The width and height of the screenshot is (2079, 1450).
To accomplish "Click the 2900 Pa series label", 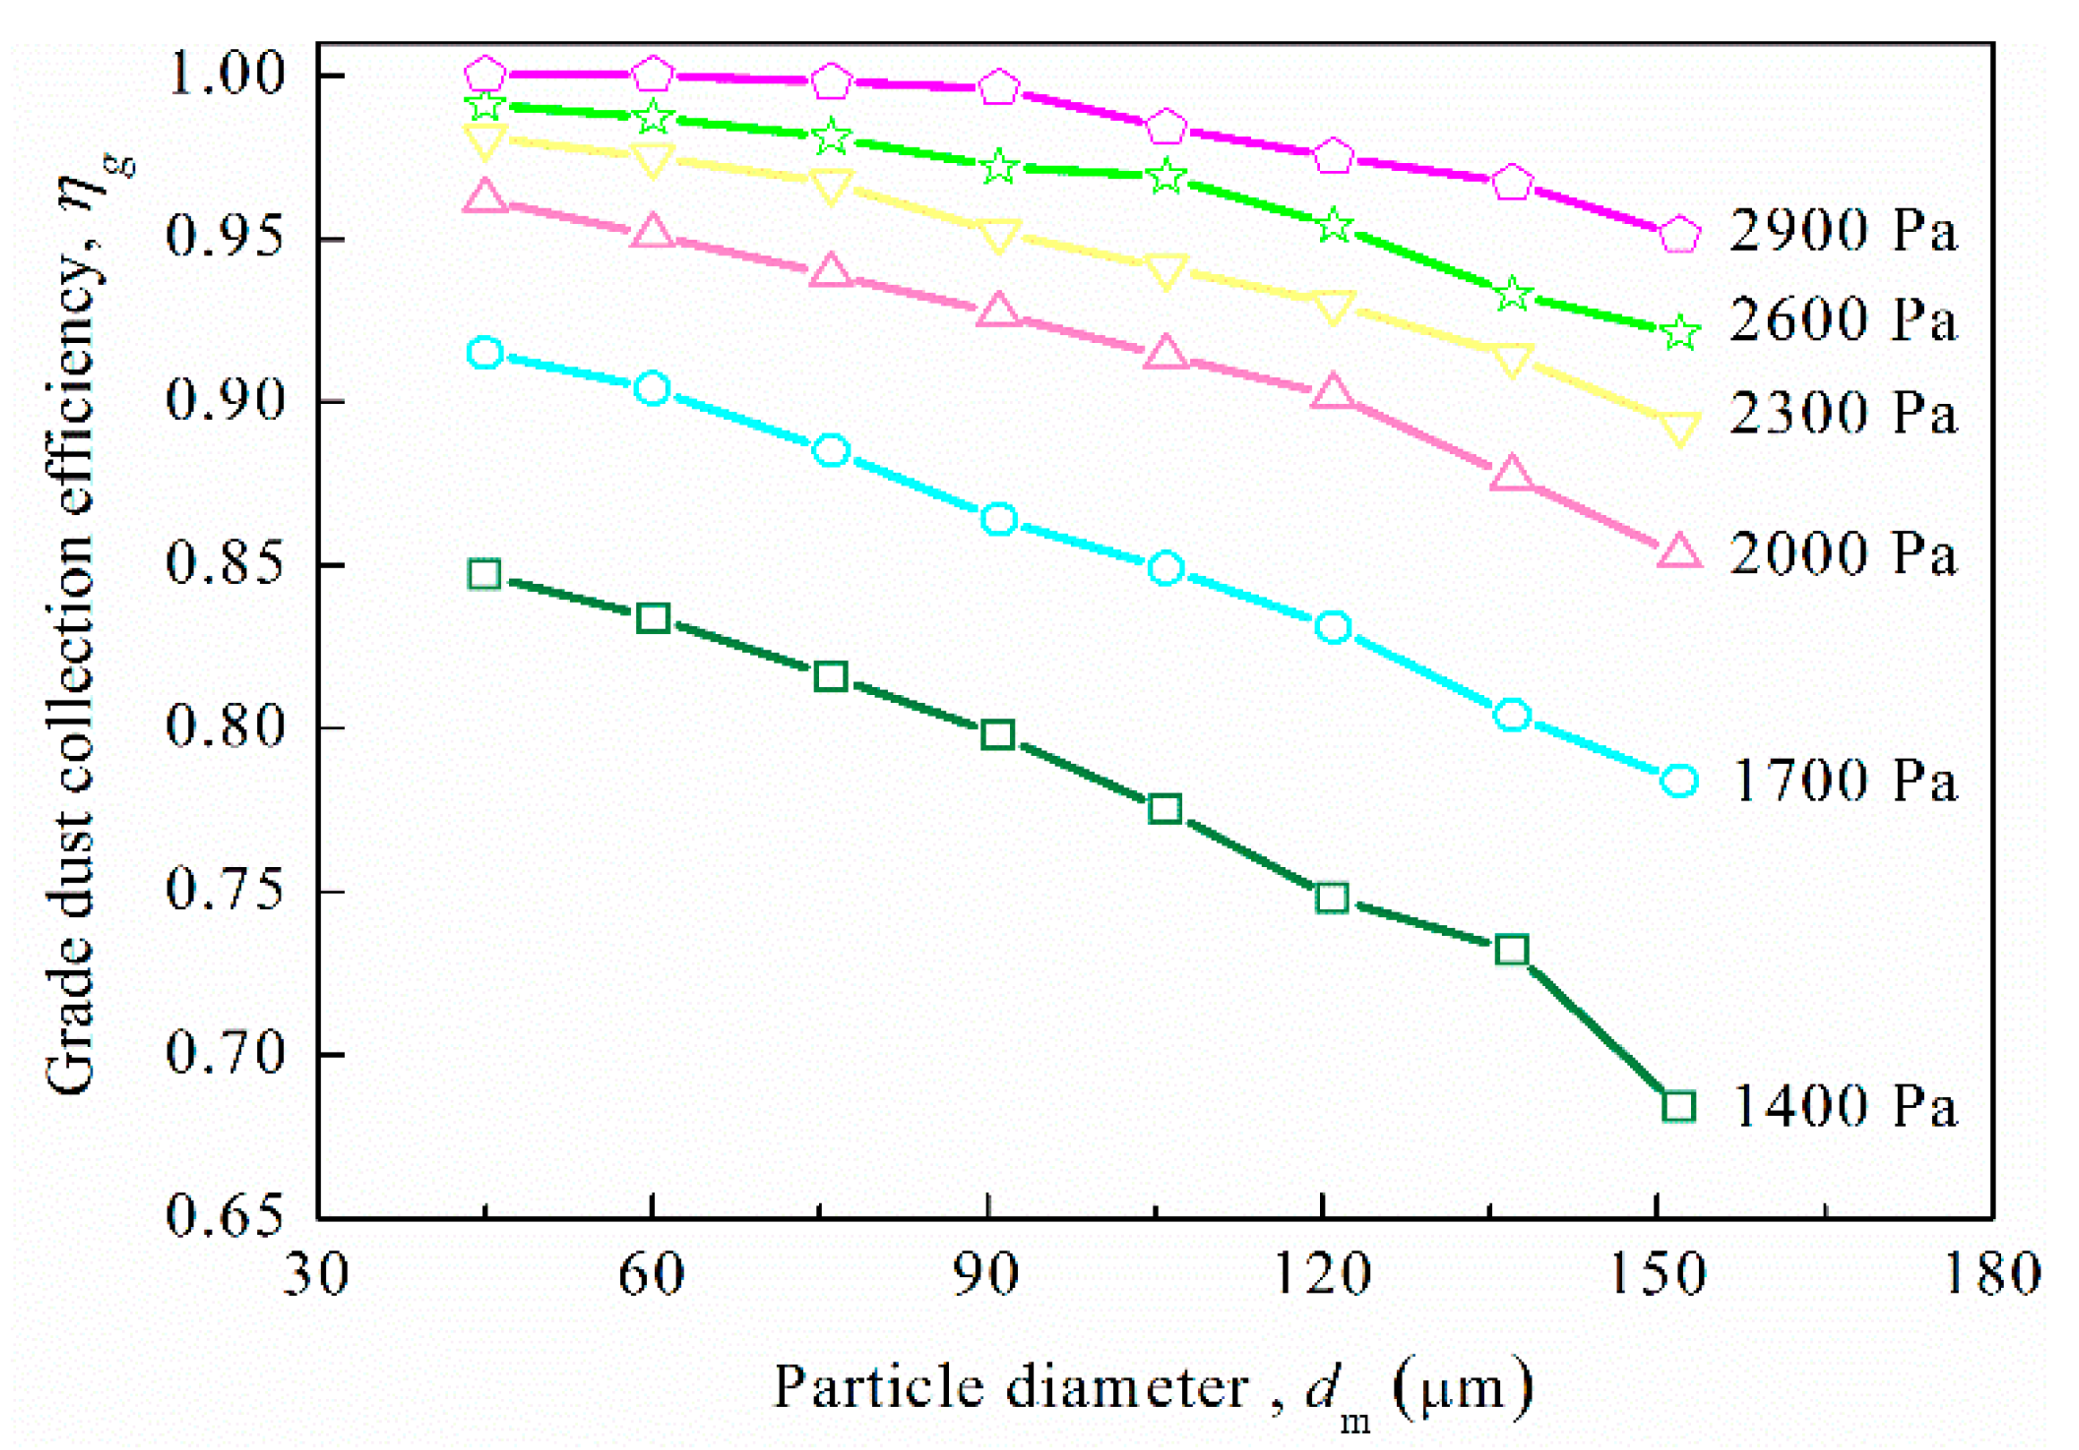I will tap(1842, 231).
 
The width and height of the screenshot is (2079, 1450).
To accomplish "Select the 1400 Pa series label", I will tap(1842, 1106).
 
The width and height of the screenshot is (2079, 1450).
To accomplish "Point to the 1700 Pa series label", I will tap(1842, 780).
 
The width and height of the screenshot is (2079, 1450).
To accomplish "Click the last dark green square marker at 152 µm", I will tap(1678, 1106).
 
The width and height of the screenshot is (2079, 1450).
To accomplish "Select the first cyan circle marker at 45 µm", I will tap(486, 352).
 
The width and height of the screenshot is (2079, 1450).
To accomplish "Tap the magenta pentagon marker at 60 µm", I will tap(653, 74).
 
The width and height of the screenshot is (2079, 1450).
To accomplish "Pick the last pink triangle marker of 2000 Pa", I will tap(1678, 551).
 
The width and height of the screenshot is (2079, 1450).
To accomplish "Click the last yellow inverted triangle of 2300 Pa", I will tap(1678, 428).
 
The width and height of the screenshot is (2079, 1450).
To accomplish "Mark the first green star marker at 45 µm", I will tap(486, 106).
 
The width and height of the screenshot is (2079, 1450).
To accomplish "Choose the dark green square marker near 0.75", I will tap(1332, 898).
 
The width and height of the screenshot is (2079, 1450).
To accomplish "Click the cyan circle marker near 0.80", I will tap(1511, 715).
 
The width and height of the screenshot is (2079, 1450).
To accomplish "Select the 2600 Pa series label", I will tap(1842, 321).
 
